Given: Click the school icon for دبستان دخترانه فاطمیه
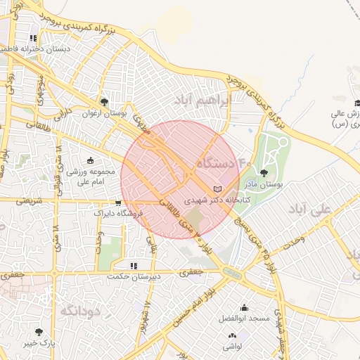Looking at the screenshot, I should pyautogui.click(x=32, y=39).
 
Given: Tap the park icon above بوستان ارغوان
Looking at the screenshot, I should pyautogui.click(x=105, y=102).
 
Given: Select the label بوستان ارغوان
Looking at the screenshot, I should pyautogui.click(x=103, y=113).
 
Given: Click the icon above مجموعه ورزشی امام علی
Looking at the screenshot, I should pyautogui.click(x=89, y=161).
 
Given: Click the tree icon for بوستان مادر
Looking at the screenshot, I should pyautogui.click(x=264, y=172).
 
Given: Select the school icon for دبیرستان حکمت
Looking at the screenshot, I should pyautogui.click(x=134, y=266).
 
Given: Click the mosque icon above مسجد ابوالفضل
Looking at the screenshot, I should pyautogui.click(x=244, y=307).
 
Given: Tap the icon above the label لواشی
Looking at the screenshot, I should pyautogui.click(x=232, y=337).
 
